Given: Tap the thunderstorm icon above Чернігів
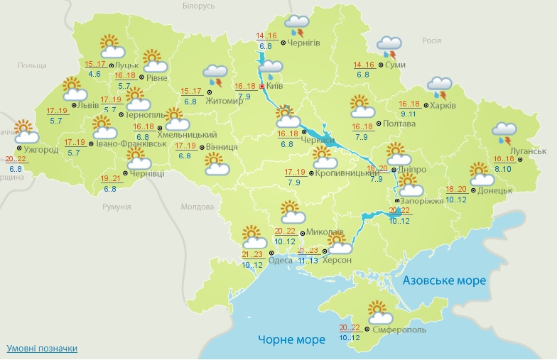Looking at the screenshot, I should pyautogui.click(x=297, y=26).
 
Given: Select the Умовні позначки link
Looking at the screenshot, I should pyautogui.click(x=42, y=349).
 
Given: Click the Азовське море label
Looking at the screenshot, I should pyautogui.click(x=444, y=280).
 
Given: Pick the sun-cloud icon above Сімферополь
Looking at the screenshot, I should pyautogui.click(x=377, y=313).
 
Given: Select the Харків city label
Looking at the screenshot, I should pyautogui.click(x=443, y=106).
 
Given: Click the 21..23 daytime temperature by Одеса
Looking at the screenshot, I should pyautogui.click(x=252, y=254).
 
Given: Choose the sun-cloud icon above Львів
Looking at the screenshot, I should pyautogui.click(x=74, y=89).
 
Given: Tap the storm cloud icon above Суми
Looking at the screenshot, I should pyautogui.click(x=389, y=47).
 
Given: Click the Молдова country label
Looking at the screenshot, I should pyautogui.click(x=198, y=207).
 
